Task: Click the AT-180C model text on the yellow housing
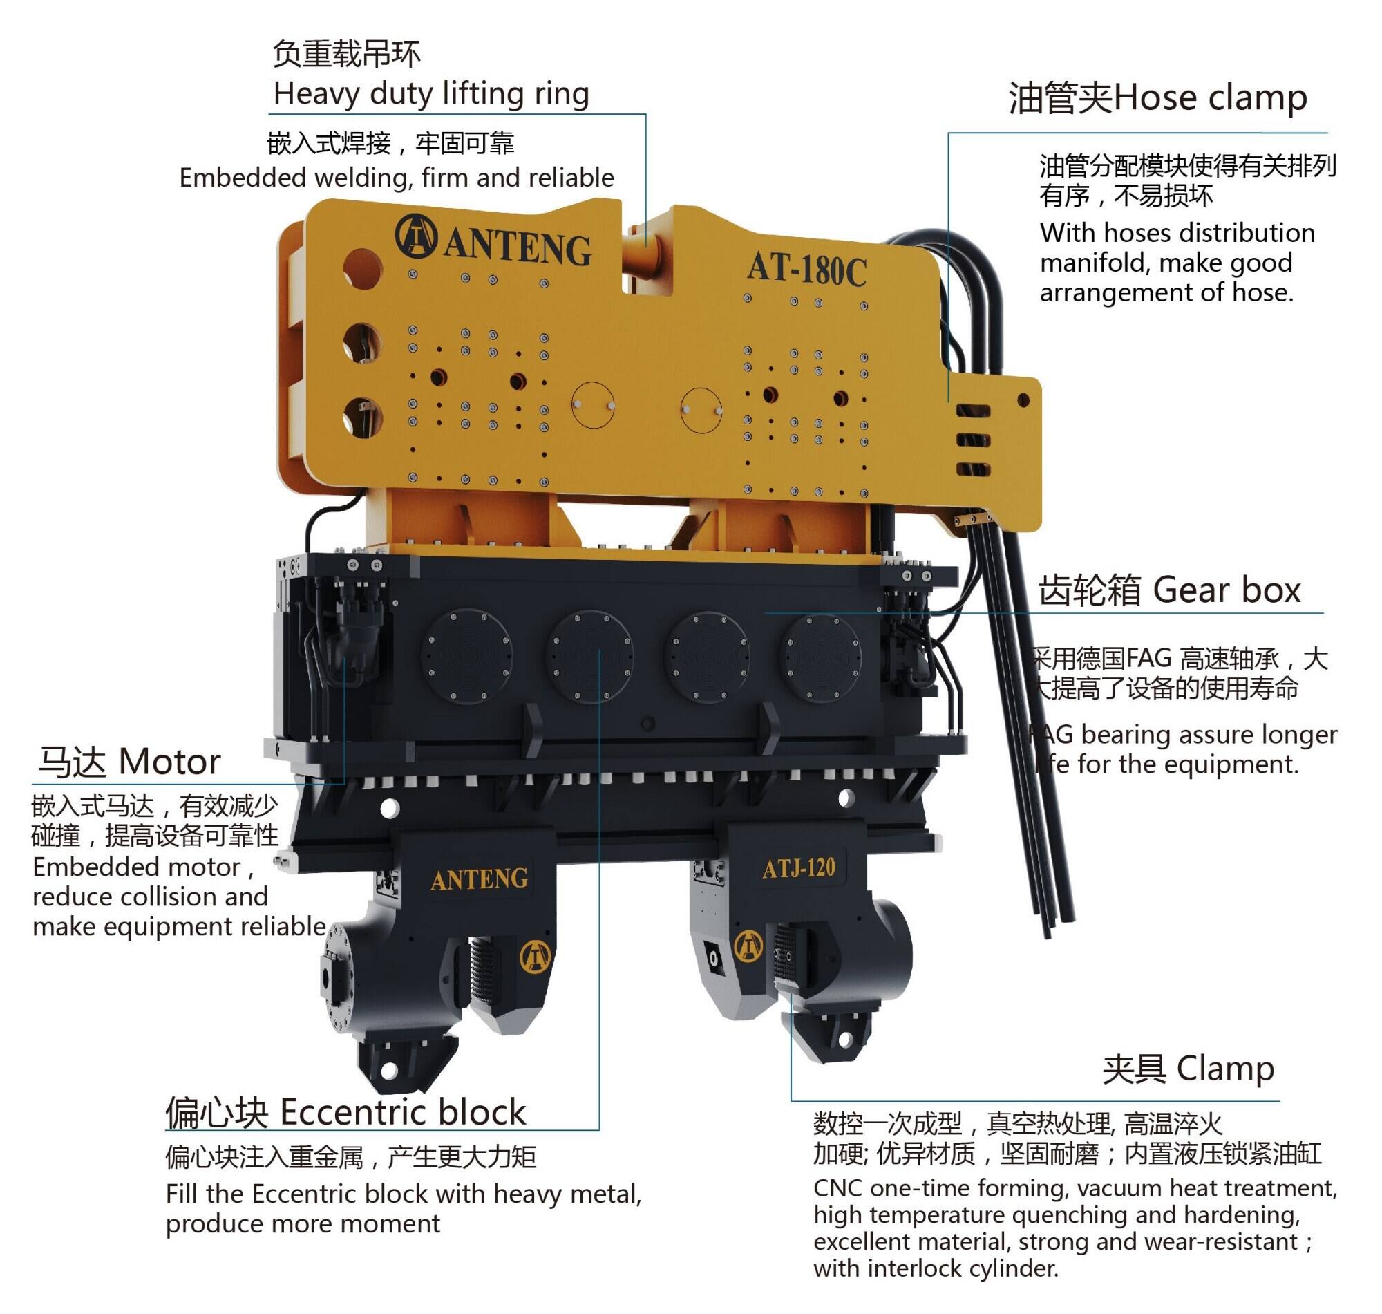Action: [806, 269]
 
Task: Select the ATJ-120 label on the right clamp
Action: [799, 869]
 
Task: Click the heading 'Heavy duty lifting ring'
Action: [431, 94]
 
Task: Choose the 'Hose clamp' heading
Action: [1210, 97]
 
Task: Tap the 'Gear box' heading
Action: [1227, 590]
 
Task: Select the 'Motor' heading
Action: [170, 761]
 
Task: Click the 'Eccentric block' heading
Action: [403, 1112]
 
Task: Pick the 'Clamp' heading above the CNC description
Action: [1225, 1069]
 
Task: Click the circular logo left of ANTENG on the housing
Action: [416, 236]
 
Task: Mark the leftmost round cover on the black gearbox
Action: [466, 655]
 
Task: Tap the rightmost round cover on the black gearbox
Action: [822, 658]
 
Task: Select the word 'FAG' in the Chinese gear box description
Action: [1149, 659]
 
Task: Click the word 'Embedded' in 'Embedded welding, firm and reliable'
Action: [243, 178]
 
